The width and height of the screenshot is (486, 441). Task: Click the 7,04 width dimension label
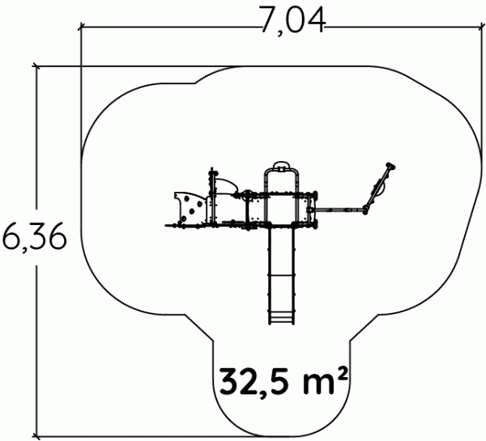point(293,19)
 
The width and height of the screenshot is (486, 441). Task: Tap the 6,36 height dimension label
point(34,238)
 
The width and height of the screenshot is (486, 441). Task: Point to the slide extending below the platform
point(281,276)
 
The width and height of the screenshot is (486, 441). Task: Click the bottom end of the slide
point(281,324)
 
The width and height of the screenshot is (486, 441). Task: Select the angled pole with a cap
point(379,188)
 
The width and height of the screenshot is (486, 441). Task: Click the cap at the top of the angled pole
point(391,167)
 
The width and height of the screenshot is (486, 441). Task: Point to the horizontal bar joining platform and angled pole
point(339,210)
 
